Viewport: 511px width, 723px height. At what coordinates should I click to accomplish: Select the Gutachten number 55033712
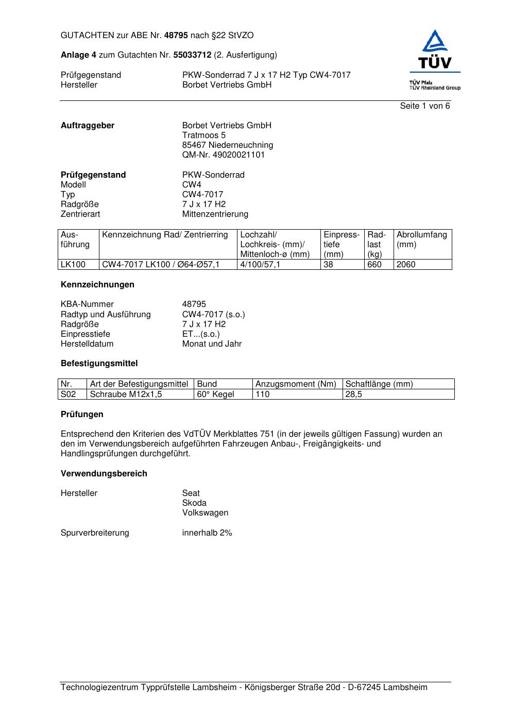tap(192, 55)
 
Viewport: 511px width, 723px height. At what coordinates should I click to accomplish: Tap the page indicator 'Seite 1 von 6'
tap(424, 106)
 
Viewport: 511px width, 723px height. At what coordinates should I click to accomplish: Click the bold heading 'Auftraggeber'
tap(88, 126)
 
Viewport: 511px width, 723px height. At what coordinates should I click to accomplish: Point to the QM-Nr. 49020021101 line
tap(223, 155)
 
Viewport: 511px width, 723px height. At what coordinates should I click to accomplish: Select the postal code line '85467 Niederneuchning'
tap(227, 145)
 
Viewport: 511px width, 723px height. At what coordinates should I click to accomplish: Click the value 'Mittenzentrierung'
tap(215, 214)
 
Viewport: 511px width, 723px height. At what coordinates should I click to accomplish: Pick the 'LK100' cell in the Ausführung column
tap(73, 265)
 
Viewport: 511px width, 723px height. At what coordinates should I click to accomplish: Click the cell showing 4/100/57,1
tap(260, 265)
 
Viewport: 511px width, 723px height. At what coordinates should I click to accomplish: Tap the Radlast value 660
tap(374, 265)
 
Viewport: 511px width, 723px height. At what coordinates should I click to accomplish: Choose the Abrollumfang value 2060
tap(406, 265)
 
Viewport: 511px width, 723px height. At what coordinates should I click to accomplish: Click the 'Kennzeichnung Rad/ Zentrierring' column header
tap(165, 235)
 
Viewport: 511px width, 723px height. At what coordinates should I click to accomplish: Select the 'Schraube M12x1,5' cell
tap(126, 394)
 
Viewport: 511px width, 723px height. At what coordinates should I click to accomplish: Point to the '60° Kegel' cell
tap(215, 394)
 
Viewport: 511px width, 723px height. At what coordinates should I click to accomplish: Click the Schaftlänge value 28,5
tap(354, 394)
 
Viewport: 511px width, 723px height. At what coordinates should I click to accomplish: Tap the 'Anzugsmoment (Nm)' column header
tap(296, 384)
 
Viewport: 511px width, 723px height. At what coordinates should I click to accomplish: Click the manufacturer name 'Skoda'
tap(194, 503)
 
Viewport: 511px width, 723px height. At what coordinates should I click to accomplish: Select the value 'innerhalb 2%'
tap(207, 533)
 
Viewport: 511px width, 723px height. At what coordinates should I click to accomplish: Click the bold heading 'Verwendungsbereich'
tap(104, 474)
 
